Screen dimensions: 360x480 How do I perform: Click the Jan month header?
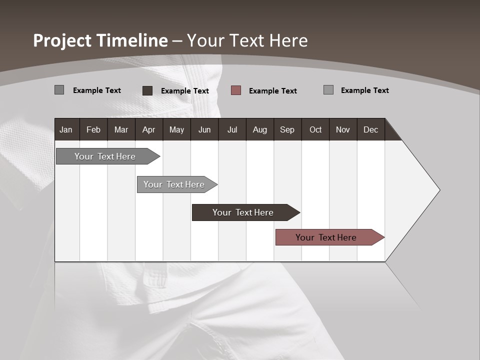click(x=66, y=129)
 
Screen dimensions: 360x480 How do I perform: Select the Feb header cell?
click(x=93, y=129)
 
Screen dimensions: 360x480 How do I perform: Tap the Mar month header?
click(x=121, y=129)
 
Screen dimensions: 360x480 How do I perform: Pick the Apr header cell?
click(x=149, y=129)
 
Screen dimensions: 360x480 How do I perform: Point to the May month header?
click(x=176, y=129)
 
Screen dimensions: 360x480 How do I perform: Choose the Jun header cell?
click(x=204, y=129)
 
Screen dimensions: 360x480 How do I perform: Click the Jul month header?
click(x=232, y=129)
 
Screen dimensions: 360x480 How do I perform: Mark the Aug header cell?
click(x=260, y=129)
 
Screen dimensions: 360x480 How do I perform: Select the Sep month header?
click(x=287, y=129)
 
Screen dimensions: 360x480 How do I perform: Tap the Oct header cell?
click(x=315, y=129)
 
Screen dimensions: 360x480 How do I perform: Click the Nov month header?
click(x=343, y=129)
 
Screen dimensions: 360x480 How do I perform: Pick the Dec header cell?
click(x=371, y=129)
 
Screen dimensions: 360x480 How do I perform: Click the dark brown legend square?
click(x=147, y=90)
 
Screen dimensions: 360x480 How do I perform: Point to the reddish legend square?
click(x=236, y=90)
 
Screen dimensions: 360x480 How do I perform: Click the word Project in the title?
click(x=62, y=40)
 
